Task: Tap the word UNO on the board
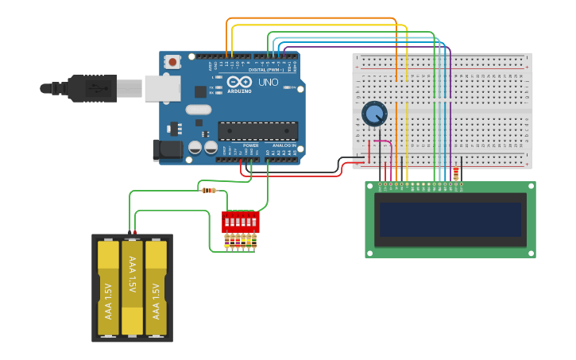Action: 269,83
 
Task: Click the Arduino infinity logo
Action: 239,82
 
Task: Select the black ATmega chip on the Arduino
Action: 258,131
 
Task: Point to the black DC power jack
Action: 168,150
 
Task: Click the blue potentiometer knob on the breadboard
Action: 374,114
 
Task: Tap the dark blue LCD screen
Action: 450,219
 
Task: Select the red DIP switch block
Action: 240,221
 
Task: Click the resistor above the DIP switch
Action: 209,190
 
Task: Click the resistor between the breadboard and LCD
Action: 455,174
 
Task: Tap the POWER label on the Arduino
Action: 250,146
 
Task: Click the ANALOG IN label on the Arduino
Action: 284,146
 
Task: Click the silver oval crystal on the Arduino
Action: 199,110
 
